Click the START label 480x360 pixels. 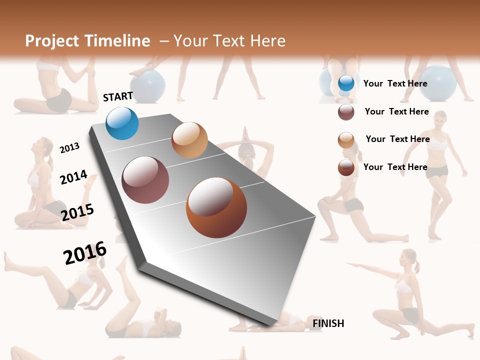point(118,96)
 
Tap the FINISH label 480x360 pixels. point(328,323)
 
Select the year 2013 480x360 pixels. point(69,147)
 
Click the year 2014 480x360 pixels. point(73,177)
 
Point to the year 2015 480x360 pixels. point(77,212)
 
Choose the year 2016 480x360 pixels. point(85,252)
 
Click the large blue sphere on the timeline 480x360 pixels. point(122,123)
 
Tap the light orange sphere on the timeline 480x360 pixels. point(189,140)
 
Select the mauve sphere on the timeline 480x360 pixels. point(145,180)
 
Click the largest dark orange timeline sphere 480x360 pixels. point(216,207)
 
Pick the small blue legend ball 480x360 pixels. point(346,83)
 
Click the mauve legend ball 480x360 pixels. point(346,112)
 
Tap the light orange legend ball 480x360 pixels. point(346,140)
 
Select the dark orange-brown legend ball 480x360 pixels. point(346,168)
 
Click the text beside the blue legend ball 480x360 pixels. point(395,83)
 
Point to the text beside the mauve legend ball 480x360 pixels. point(396,111)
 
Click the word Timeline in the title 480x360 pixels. point(117,41)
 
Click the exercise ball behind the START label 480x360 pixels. point(148,84)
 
